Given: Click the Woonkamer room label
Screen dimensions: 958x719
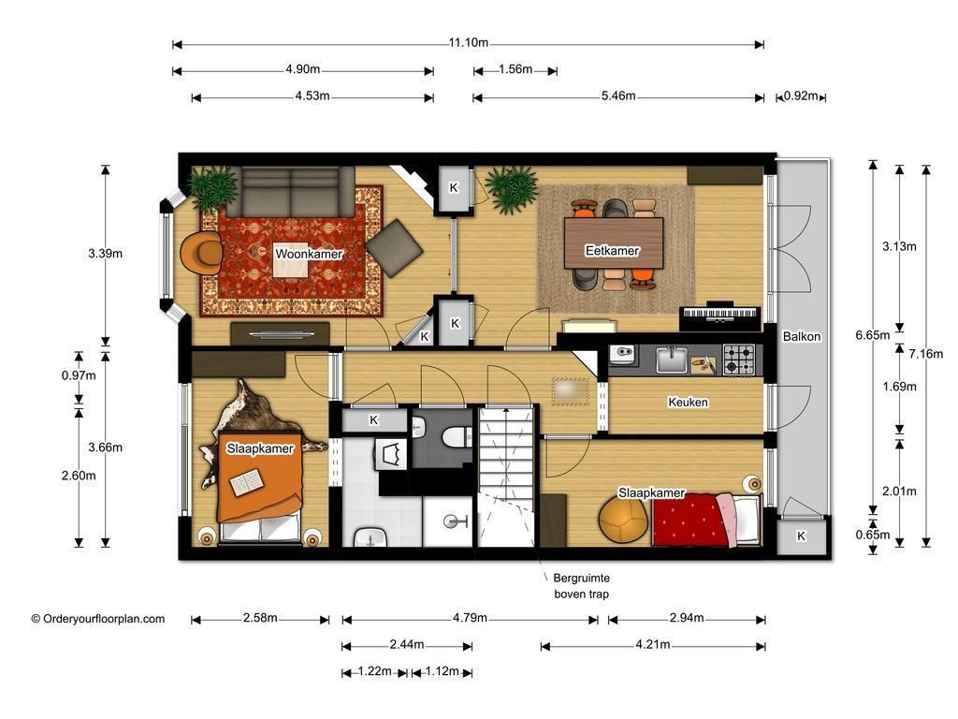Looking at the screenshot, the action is click(x=309, y=254).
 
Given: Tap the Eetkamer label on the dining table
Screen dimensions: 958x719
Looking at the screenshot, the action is click(x=612, y=251).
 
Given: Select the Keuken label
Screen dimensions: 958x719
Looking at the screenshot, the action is click(x=688, y=403).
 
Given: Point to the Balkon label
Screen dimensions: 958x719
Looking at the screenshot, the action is click(x=802, y=336).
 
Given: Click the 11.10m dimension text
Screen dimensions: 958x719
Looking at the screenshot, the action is click(x=469, y=43).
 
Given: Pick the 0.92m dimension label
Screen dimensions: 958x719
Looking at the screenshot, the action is click(x=801, y=96).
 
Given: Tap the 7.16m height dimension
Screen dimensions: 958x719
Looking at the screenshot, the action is click(x=925, y=353).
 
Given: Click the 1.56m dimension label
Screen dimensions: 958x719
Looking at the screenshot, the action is click(x=515, y=69).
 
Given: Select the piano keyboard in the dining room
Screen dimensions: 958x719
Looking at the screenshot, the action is click(x=720, y=315).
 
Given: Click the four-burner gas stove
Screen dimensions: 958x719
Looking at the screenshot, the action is click(x=739, y=359).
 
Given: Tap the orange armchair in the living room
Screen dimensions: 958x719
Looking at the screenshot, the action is click(x=202, y=253).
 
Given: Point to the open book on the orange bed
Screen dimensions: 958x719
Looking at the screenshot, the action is click(x=247, y=482).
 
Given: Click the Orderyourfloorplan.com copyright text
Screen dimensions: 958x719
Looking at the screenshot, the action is click(x=97, y=619).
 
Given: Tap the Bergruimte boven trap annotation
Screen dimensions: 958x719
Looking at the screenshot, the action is click(x=581, y=586).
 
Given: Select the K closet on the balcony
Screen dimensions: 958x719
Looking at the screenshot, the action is click(x=801, y=536).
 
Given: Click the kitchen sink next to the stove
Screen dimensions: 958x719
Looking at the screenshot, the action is click(x=672, y=359).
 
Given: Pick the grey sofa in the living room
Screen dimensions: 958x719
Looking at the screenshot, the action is click(x=292, y=191).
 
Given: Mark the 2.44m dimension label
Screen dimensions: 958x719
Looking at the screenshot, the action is click(x=407, y=644).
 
